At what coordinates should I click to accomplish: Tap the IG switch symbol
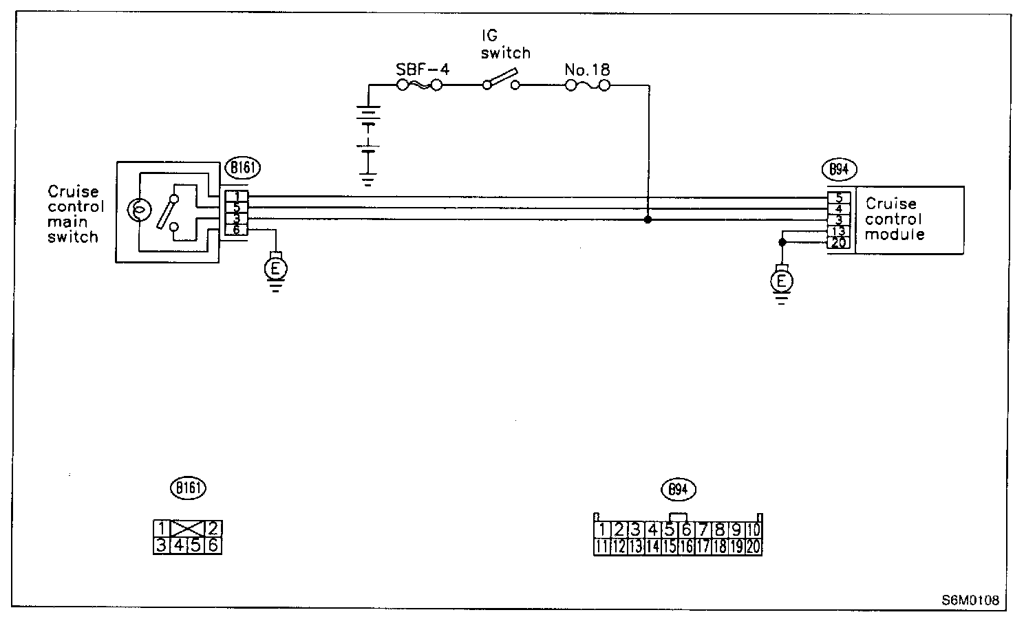(x=500, y=83)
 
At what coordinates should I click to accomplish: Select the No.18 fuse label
(x=586, y=69)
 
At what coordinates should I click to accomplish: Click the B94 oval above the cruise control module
(x=838, y=170)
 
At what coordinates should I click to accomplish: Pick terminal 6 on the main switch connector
(x=236, y=230)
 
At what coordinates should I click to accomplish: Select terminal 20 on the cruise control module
(x=839, y=243)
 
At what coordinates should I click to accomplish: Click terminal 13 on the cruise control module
(x=839, y=231)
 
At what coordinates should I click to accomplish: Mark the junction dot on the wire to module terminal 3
(x=648, y=220)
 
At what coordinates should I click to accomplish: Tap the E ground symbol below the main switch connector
(x=276, y=269)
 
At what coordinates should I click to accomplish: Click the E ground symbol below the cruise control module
(x=782, y=281)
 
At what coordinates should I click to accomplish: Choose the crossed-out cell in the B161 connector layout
(x=186, y=529)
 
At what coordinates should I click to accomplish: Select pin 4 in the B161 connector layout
(x=178, y=545)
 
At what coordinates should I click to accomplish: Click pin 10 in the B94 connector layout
(x=754, y=530)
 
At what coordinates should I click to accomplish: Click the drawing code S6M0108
(x=970, y=600)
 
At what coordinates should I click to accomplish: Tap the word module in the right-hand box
(x=894, y=235)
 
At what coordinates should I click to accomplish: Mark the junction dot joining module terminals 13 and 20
(x=782, y=242)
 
